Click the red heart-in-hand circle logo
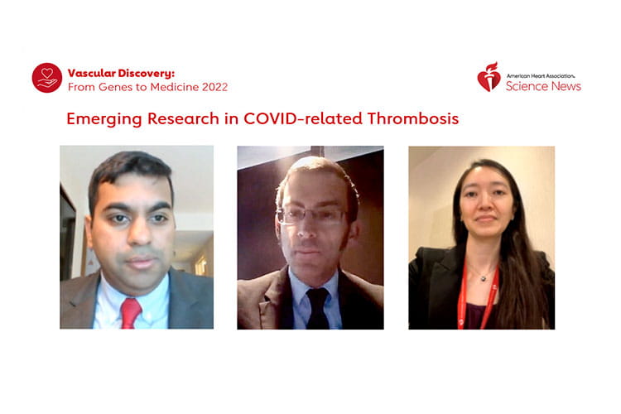[x=47, y=78]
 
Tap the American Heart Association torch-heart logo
[x=489, y=77]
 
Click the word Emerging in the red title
[x=103, y=118]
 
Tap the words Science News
[x=544, y=86]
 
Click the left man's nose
[x=134, y=235]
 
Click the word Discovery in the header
[x=153, y=72]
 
